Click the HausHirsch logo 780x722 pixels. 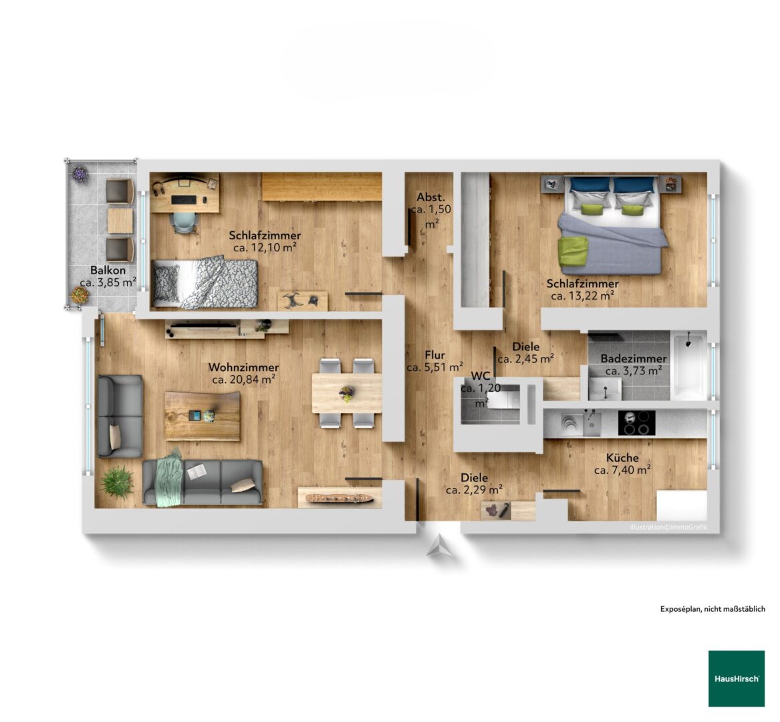click(x=737, y=679)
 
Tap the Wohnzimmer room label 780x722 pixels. click(x=243, y=367)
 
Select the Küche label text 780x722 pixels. click(x=622, y=458)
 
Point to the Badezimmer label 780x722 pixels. click(x=633, y=358)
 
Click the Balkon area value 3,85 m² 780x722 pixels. click(x=108, y=283)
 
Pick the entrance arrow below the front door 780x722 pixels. click(x=440, y=546)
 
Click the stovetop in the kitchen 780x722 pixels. click(x=636, y=423)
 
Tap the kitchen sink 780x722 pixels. click(x=592, y=423)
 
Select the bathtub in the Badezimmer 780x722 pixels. click(x=690, y=365)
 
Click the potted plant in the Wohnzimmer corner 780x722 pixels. click(x=117, y=481)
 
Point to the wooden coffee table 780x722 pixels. click(x=202, y=416)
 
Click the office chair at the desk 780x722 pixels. click(x=184, y=223)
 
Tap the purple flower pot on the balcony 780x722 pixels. click(x=80, y=174)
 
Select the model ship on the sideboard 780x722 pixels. click(x=338, y=497)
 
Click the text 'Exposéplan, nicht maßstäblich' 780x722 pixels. click(x=712, y=608)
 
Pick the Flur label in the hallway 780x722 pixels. click(x=434, y=355)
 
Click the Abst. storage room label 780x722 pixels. click(x=431, y=197)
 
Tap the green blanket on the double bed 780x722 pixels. click(x=573, y=252)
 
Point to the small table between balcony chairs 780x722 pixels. click(x=120, y=221)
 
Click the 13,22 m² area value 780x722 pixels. click(x=583, y=296)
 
